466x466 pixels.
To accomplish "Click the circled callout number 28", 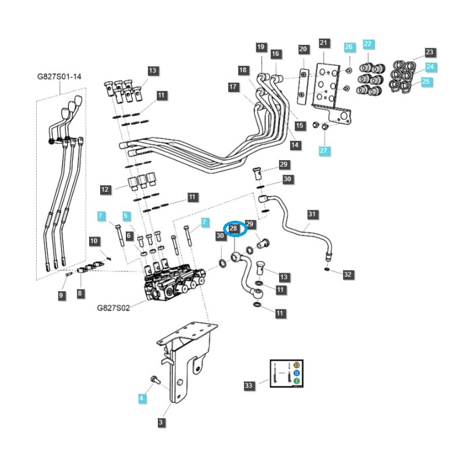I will point(234,229).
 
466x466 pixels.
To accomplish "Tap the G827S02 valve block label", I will point(113,307).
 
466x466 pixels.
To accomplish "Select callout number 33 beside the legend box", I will point(249,386).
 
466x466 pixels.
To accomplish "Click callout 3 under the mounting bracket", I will point(161,423).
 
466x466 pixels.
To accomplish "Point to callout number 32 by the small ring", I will point(348,274).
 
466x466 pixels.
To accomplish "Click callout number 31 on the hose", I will point(312,214).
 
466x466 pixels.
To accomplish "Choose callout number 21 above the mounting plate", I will point(324,43).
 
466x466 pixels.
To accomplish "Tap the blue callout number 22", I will point(368,44).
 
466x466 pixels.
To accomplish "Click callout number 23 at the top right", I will point(430,52).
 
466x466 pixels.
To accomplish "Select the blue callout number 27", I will point(324,151).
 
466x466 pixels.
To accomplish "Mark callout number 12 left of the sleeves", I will point(105,189).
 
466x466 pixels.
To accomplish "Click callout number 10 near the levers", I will point(94,241).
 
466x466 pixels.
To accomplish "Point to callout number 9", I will point(61,296).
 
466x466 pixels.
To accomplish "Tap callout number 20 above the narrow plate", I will point(303,50).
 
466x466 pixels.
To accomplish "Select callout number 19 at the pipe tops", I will point(260,47).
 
